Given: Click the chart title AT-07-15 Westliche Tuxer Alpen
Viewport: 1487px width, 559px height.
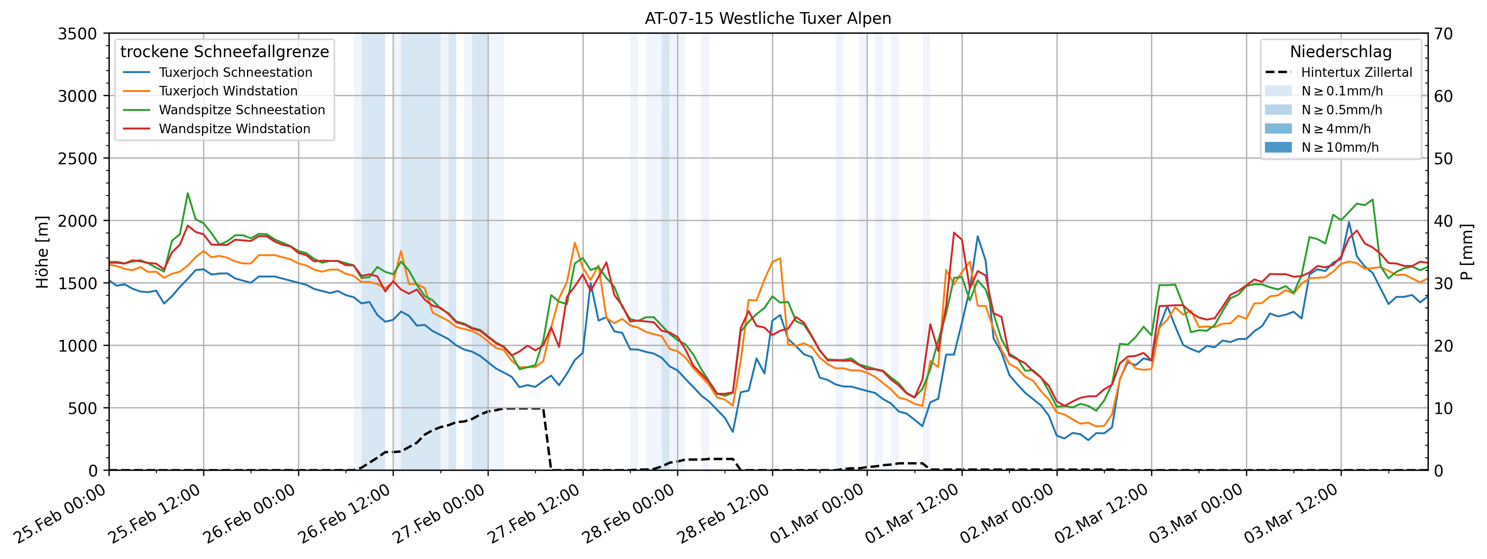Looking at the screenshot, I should pos(768,19).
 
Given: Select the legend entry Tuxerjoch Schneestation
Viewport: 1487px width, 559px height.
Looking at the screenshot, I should pos(236,72).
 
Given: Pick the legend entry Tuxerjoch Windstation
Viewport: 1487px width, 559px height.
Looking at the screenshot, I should pos(228,91).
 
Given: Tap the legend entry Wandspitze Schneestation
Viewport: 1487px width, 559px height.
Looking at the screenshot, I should pos(242,110).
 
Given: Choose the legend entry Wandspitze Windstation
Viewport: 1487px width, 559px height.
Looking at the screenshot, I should pos(235,129).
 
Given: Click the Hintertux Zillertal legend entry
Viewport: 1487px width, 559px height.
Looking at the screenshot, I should pos(1356,72).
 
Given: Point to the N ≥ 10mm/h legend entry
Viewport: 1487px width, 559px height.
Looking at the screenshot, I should pos(1340,147).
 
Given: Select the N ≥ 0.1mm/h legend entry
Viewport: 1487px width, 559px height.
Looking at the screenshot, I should pos(1341,91).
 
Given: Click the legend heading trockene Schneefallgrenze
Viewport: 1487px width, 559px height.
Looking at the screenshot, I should pos(225,51).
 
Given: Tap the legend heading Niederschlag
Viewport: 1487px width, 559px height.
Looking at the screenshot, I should pos(1340,51).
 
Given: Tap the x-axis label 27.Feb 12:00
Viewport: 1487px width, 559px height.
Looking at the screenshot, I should pos(534,514).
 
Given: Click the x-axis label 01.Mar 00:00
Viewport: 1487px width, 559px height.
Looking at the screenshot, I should pos(818,514).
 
